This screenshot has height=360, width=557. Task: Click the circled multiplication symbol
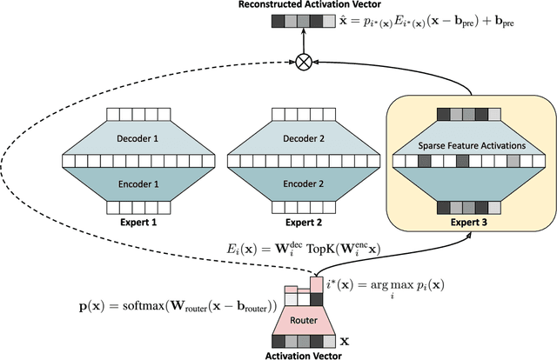click(304, 60)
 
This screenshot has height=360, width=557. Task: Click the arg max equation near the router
click(377, 288)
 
